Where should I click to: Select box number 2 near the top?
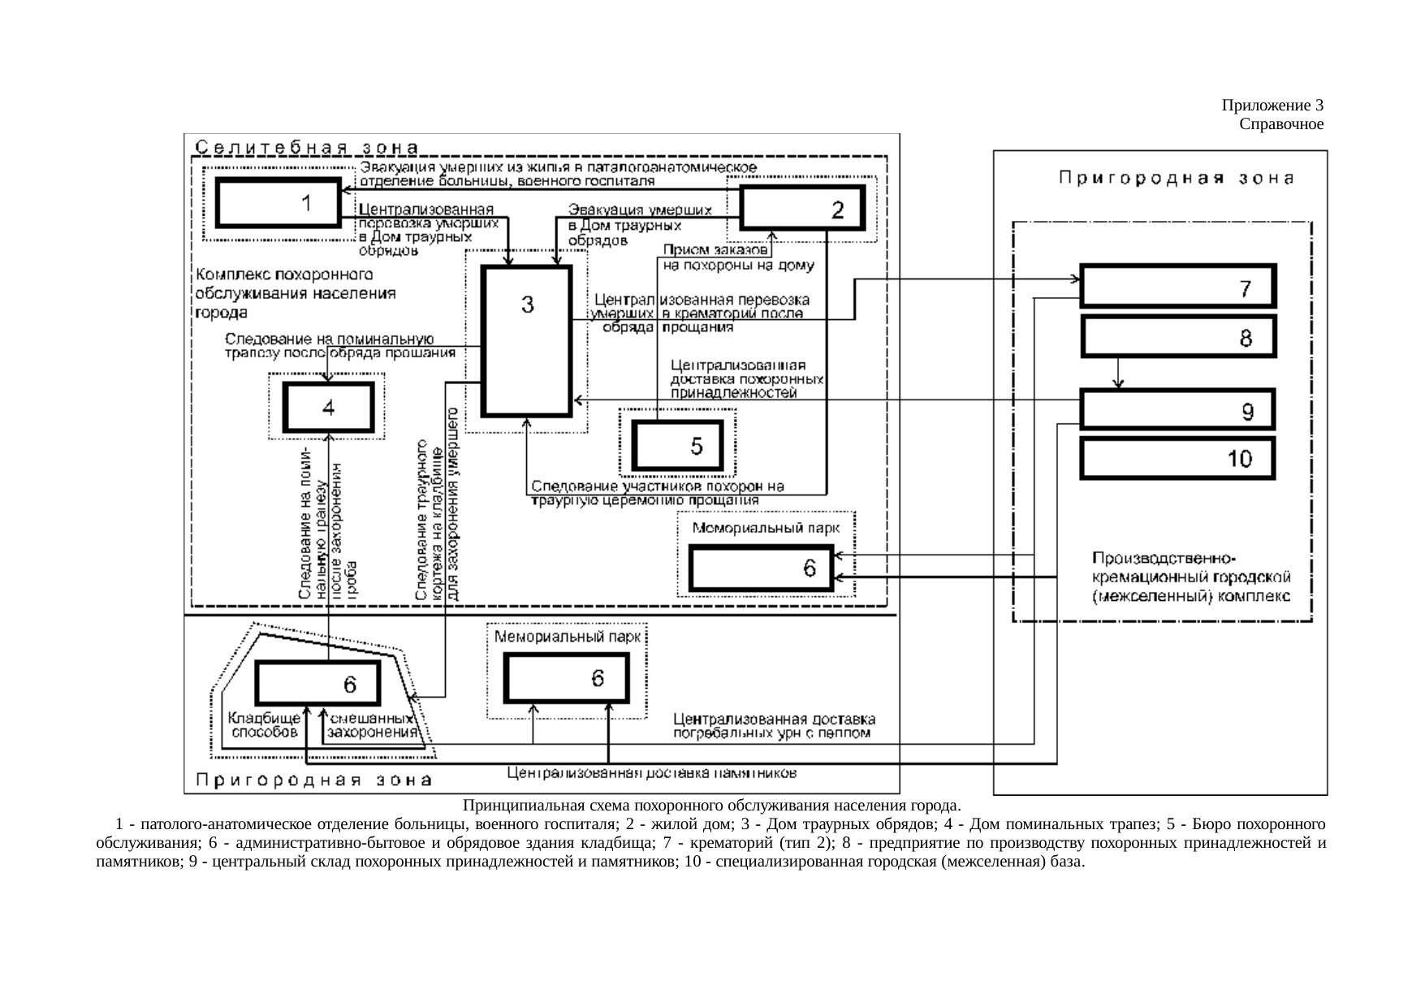[x=803, y=209]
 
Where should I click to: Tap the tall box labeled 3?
[x=526, y=340]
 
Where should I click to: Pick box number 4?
[x=328, y=408]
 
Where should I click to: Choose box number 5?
[x=677, y=446]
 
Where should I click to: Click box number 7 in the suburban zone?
[x=1177, y=287]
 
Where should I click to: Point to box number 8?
[x=1179, y=336]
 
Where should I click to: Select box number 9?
[x=1177, y=410]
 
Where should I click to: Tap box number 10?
[x=1177, y=459]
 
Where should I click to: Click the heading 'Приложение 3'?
[x=1272, y=106]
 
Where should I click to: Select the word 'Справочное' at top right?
[x=1281, y=124]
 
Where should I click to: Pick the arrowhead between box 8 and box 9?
[x=1119, y=385]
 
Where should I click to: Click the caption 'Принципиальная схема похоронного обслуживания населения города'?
[x=711, y=806]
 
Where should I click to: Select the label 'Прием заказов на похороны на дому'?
[x=737, y=257]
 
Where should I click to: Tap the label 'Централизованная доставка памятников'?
[x=651, y=773]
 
